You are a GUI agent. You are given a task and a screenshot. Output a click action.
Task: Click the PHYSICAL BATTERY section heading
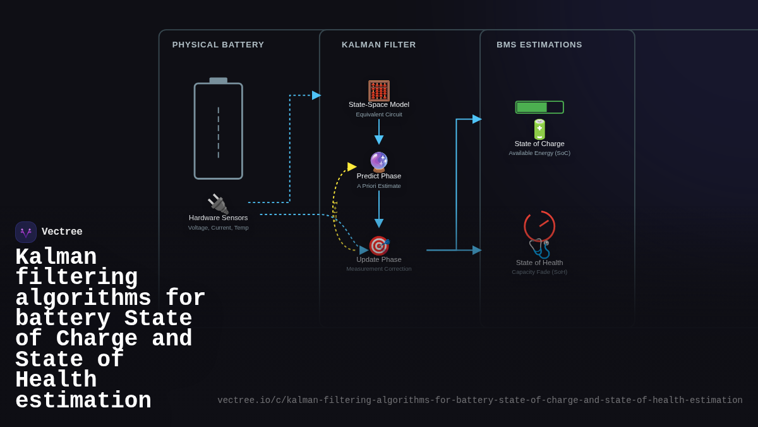218,45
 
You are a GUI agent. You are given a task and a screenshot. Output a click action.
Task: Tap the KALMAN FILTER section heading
379,45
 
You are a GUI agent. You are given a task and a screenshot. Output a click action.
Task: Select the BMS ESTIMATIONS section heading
539,45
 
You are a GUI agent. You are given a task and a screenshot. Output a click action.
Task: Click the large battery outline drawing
219,130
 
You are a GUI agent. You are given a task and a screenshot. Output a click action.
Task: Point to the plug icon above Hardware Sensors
218,204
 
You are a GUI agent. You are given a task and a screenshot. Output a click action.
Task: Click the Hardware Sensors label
219,218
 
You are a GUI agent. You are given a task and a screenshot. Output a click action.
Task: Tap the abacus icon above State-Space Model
379,90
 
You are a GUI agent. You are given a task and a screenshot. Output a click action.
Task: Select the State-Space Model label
379,104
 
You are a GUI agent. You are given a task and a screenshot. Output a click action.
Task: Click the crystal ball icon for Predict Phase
379,162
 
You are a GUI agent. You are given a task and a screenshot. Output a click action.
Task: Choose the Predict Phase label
379,176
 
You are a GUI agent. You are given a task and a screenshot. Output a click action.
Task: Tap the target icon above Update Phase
379,245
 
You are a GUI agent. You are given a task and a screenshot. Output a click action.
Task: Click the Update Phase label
379,259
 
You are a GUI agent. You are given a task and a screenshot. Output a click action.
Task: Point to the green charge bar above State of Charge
539,108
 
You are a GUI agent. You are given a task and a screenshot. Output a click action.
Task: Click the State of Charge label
539,144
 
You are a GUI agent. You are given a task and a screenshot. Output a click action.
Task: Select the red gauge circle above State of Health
539,226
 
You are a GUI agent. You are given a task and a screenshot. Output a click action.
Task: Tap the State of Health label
539,263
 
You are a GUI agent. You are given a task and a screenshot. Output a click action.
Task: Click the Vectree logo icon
26,232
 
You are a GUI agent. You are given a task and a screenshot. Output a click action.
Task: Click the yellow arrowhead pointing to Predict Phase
352,167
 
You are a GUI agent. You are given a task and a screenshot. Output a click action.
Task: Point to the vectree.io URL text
480,400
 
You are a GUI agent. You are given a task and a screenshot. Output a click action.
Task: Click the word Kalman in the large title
56,257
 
